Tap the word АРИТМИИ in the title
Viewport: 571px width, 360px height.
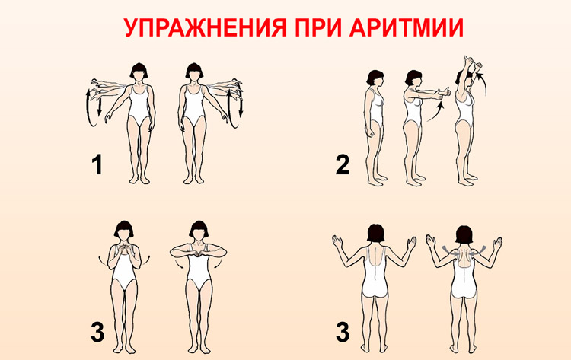click(406, 27)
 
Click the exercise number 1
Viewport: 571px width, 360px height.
click(97, 164)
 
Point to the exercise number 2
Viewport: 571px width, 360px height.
click(343, 164)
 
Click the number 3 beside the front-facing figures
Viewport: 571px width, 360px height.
click(97, 333)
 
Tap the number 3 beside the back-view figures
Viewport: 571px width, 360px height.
click(343, 333)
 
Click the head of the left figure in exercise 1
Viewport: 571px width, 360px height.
click(139, 71)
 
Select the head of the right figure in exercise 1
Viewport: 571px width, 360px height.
click(193, 71)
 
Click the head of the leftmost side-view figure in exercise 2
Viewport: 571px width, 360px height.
click(375, 78)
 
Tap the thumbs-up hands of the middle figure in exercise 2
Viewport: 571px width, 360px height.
click(445, 91)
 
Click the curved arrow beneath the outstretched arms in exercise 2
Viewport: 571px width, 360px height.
click(435, 112)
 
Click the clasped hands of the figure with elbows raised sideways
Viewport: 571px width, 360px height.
click(198, 251)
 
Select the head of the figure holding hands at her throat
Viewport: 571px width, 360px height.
click(124, 229)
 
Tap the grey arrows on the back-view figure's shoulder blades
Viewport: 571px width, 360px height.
click(464, 250)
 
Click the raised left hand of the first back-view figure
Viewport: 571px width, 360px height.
click(337, 242)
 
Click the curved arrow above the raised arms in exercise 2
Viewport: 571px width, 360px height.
click(482, 83)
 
